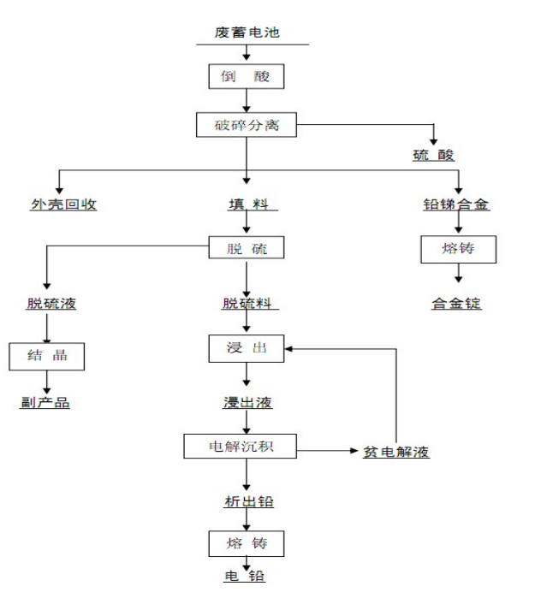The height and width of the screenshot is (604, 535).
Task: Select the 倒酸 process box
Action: [x=247, y=78]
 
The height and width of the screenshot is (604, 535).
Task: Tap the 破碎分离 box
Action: [x=247, y=127]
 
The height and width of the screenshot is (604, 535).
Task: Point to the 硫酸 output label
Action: [x=433, y=156]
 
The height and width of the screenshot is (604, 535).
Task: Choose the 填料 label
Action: [x=247, y=205]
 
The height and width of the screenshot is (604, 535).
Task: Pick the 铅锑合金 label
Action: [x=457, y=205]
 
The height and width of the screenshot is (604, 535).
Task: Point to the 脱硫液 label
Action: [x=47, y=303]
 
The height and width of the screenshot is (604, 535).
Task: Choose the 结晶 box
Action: [x=47, y=356]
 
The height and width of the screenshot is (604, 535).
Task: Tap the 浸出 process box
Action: [x=247, y=348]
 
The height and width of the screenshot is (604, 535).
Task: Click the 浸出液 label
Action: [x=247, y=401]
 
